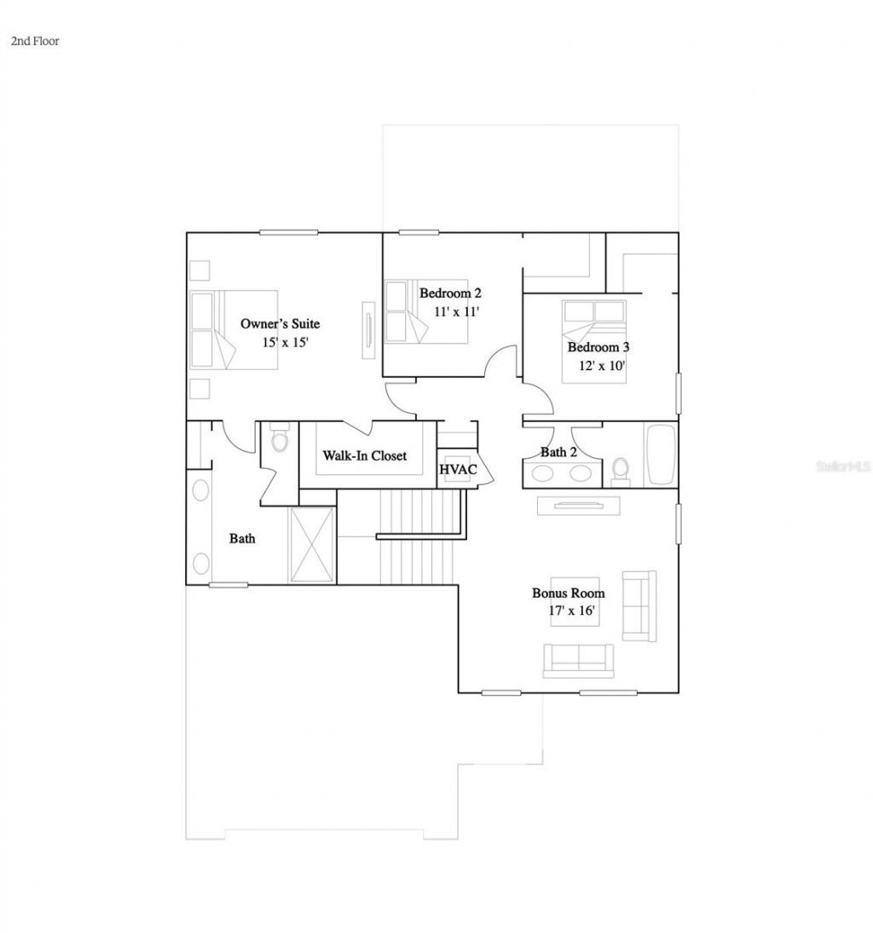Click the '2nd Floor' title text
(35, 40)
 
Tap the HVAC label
(458, 469)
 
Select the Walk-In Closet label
(364, 455)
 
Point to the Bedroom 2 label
(451, 293)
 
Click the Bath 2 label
(558, 452)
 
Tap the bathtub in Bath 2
(660, 455)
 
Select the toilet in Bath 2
(621, 469)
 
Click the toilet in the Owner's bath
(279, 442)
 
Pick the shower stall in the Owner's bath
(313, 544)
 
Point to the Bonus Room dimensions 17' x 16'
(571, 611)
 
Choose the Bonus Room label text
(569, 593)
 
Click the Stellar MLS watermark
(842, 467)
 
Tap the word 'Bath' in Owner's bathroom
(242, 538)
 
